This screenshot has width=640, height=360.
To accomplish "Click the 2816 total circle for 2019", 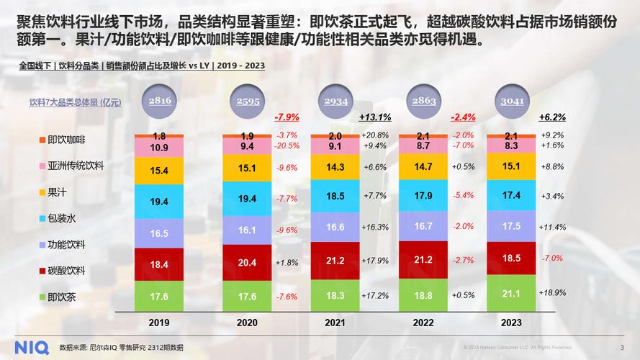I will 160,102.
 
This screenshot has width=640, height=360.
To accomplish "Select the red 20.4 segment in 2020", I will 247,263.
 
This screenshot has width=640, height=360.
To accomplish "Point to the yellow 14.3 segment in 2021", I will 335,167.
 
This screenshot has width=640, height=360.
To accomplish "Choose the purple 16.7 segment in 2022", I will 423,225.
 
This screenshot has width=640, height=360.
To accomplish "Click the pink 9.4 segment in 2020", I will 247,145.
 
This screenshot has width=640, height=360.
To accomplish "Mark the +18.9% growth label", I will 552,293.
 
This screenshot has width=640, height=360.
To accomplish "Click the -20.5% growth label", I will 287,145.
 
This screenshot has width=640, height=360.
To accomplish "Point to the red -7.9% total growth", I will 287,117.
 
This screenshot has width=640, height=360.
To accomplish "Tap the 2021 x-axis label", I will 335,323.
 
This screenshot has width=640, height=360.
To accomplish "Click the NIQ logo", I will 25,346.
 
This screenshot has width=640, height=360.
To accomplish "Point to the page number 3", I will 622,347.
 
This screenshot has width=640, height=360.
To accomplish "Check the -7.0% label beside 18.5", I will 552,258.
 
